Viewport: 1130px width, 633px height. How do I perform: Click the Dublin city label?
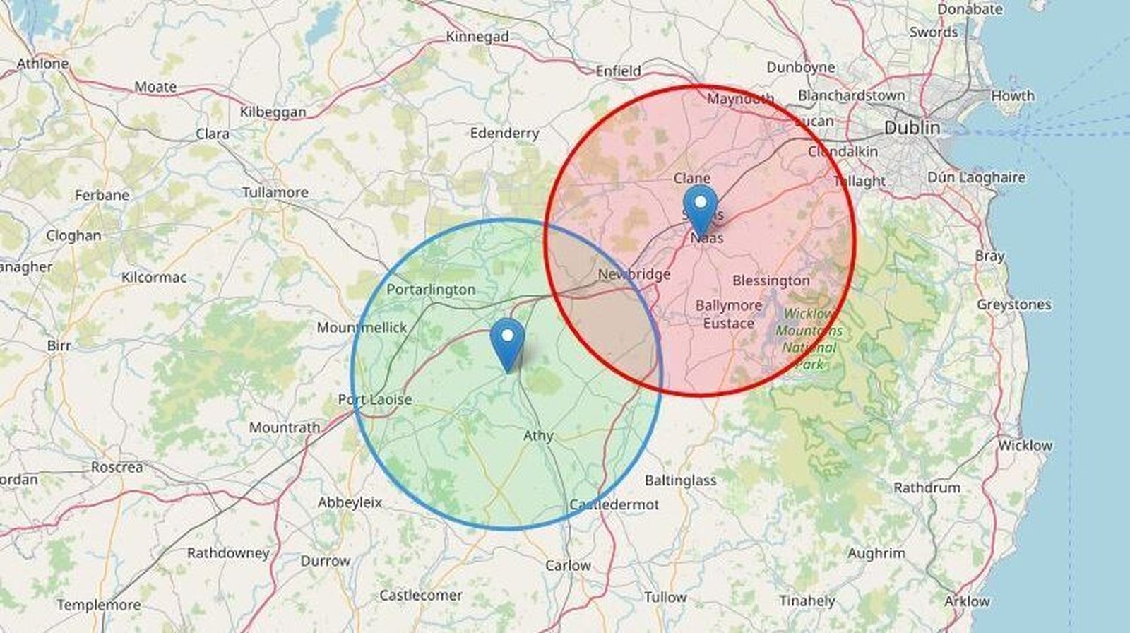click(x=912, y=128)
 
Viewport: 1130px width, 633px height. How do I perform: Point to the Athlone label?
click(x=42, y=64)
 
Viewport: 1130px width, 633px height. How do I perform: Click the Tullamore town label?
click(x=275, y=192)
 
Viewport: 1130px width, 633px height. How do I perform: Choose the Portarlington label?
click(x=431, y=290)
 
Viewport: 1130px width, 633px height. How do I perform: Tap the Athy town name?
click(x=538, y=436)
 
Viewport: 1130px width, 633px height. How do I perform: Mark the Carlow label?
click(x=568, y=566)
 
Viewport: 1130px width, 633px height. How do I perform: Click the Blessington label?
click(x=771, y=280)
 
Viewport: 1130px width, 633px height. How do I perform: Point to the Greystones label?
click(x=1014, y=304)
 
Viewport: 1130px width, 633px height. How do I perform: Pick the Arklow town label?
click(x=967, y=601)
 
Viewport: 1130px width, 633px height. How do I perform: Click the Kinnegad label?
click(x=477, y=37)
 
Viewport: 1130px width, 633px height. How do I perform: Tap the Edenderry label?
click(x=504, y=133)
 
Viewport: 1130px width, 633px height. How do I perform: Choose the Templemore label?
click(x=99, y=605)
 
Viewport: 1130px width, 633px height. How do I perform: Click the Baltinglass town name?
click(x=680, y=480)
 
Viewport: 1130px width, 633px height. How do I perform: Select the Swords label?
click(x=934, y=32)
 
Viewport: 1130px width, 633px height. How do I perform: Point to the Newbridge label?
click(x=634, y=274)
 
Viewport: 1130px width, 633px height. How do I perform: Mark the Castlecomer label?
click(x=421, y=596)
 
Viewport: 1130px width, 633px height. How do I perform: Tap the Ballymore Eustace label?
click(x=729, y=314)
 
